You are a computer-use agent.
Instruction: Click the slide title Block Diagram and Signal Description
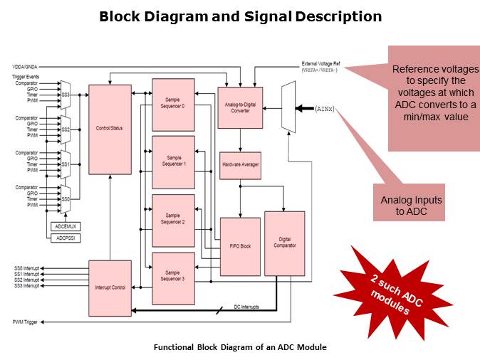click(240, 16)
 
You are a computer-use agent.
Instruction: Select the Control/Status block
click(109, 129)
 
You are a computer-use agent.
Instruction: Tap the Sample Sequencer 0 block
click(173, 103)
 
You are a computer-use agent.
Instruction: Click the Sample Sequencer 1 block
click(173, 161)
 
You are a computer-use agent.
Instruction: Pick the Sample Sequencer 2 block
click(173, 220)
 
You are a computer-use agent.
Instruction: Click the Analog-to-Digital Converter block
click(240, 107)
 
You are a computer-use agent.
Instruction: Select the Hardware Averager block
click(240, 164)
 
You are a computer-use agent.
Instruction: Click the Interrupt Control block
click(109, 287)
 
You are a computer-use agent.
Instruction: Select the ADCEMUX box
click(66, 226)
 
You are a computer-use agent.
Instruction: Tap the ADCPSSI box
click(66, 239)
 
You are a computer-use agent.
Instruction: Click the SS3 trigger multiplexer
click(66, 93)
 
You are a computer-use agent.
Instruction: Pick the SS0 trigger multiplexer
click(66, 198)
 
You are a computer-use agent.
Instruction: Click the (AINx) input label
click(325, 109)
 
